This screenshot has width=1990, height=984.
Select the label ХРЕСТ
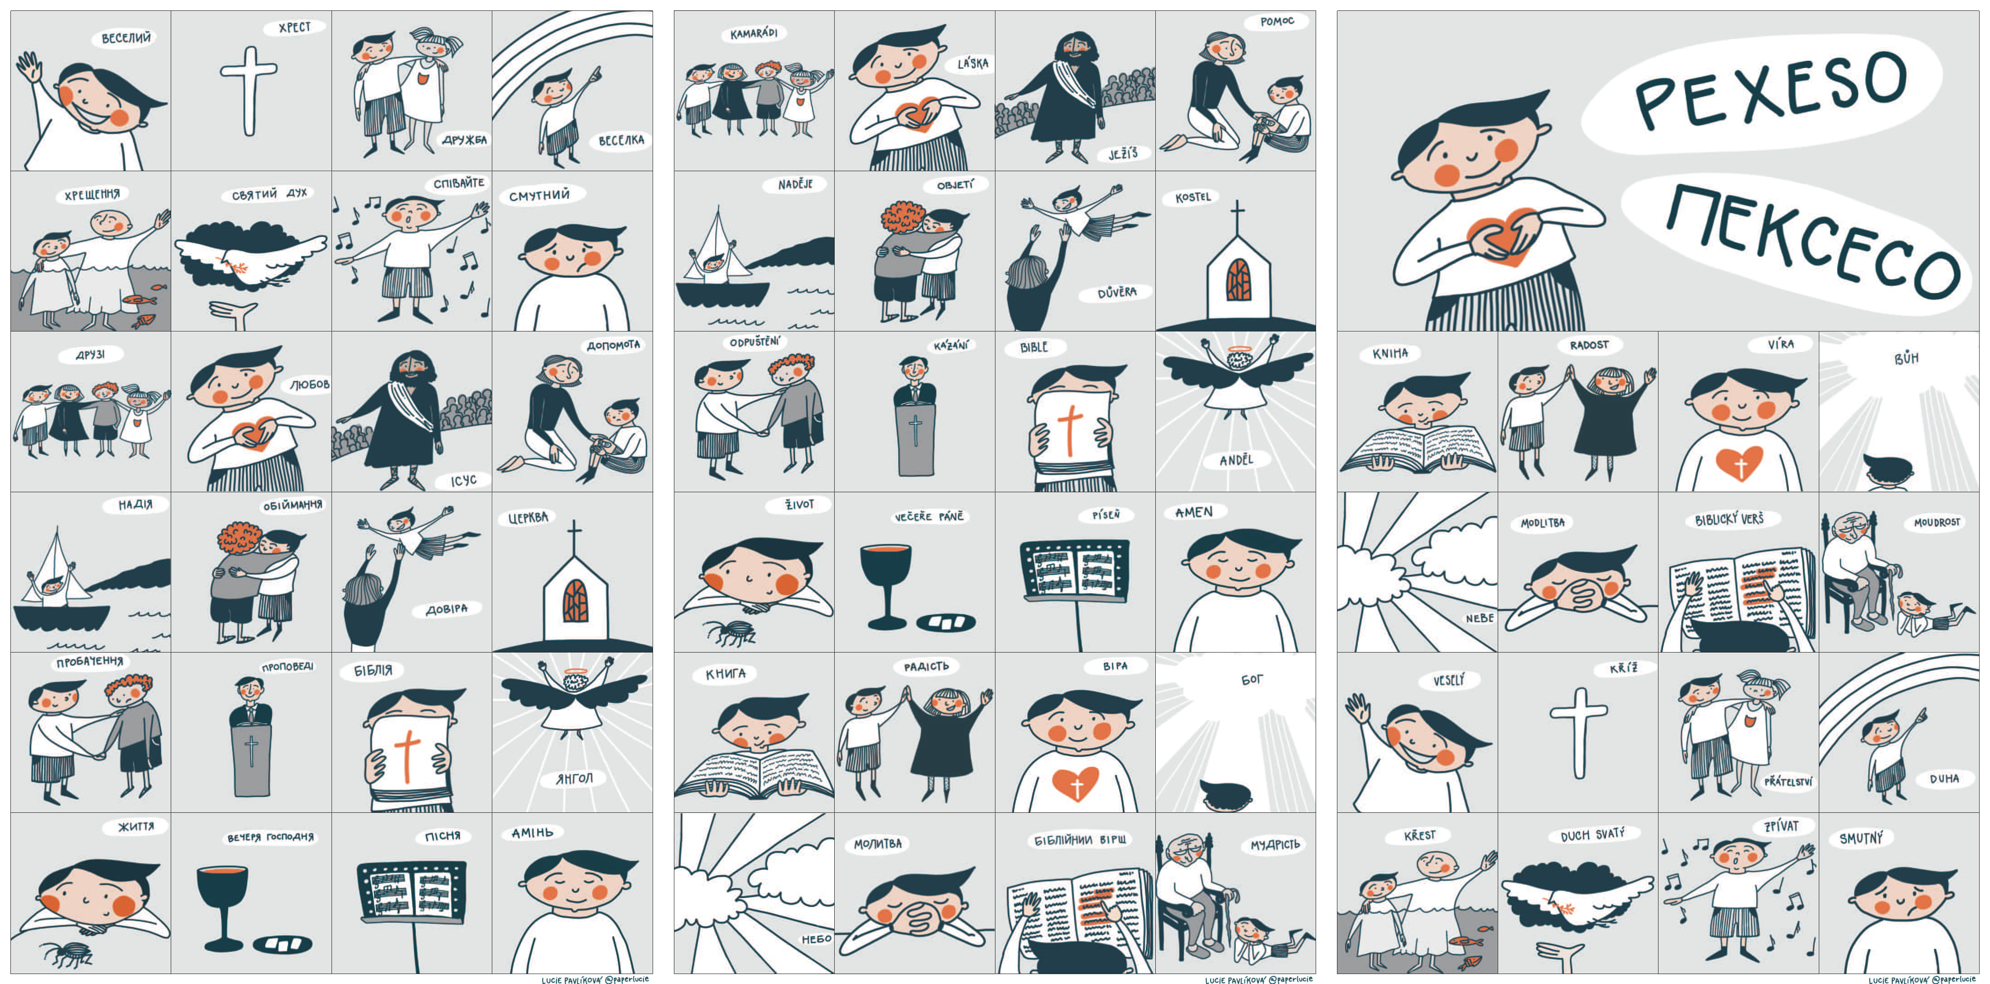(294, 28)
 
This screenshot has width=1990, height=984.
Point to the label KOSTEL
(1193, 198)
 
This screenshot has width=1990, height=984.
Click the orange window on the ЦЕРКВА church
(575, 600)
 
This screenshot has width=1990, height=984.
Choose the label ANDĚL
(1236, 461)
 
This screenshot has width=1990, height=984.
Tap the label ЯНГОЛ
(574, 778)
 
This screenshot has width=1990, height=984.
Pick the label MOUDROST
(1937, 523)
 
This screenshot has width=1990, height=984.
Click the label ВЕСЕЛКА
(621, 140)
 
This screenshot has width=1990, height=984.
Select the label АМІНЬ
(532, 833)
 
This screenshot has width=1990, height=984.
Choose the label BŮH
(1906, 358)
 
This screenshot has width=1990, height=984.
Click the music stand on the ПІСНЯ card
(413, 915)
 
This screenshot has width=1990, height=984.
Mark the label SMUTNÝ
(1861, 838)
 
